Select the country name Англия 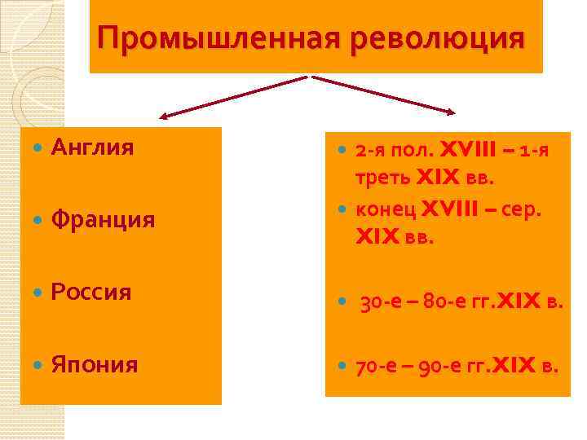tap(92, 148)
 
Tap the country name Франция tap(103, 220)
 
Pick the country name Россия tap(91, 292)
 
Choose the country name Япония tap(94, 363)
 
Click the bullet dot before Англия tap(36, 149)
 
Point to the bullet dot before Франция tap(36, 221)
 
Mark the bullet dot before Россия tap(36, 293)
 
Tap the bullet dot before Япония tap(36, 364)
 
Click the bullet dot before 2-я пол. tap(342, 151)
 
